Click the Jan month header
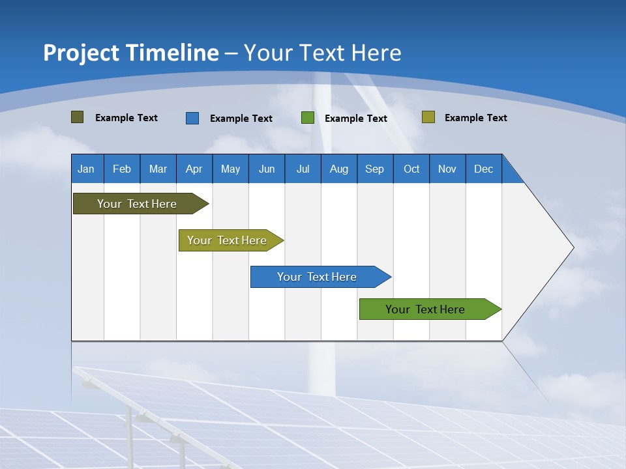tap(86, 169)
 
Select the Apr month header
tap(194, 169)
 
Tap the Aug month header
tap(338, 169)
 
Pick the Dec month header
tap(483, 169)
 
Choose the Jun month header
tap(266, 169)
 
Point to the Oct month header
tap(411, 169)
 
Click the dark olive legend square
tap(77, 117)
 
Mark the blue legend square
tap(192, 118)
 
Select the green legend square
tap(307, 118)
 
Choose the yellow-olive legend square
tap(428, 117)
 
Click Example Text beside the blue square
tap(241, 119)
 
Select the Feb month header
tap(122, 169)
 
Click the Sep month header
tap(374, 169)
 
